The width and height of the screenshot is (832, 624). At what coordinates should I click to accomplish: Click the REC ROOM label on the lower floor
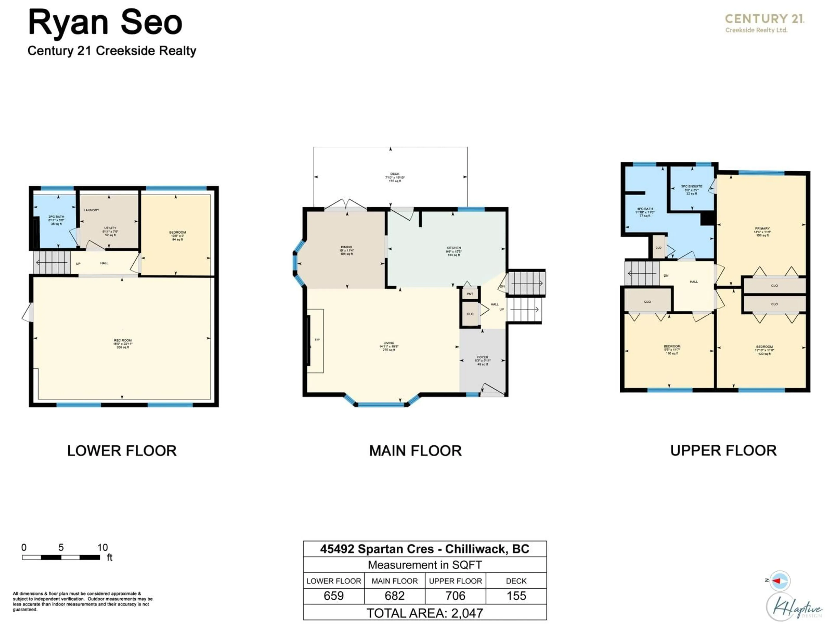[123, 340]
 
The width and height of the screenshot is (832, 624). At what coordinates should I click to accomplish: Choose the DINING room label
[346, 247]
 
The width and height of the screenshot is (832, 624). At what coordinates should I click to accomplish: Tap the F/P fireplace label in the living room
[317, 340]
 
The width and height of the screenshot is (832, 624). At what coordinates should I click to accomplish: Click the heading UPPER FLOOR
[723, 451]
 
